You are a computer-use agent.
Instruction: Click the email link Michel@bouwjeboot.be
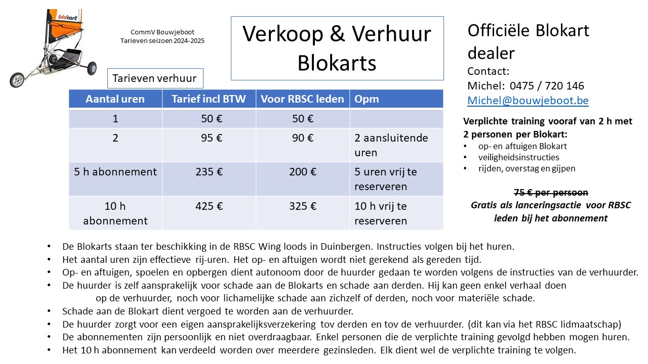pos(528,101)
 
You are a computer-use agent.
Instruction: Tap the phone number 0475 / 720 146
pos(547,85)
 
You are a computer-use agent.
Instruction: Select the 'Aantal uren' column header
pos(115,99)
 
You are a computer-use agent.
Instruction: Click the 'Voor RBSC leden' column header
pos(302,99)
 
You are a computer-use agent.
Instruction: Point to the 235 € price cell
pos(209,172)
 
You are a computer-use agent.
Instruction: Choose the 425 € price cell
pos(209,206)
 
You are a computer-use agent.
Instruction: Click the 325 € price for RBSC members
pos(303,206)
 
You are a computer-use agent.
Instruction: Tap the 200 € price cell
pos(303,172)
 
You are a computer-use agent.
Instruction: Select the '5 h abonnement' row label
pos(115,172)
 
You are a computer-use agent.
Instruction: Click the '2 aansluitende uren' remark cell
pos(391,145)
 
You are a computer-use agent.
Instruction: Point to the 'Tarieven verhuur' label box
pos(155,79)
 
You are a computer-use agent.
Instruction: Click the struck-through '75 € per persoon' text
pos(551,193)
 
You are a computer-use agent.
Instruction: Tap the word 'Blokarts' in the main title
pos(337,63)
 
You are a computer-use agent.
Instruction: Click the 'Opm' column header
pos(367,99)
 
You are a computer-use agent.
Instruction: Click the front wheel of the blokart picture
pos(17,80)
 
